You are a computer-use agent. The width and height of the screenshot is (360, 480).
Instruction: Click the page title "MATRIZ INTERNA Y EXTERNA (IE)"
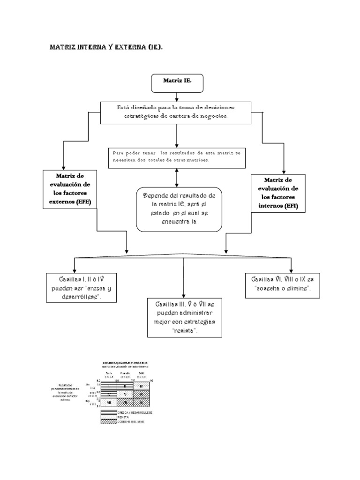tap(106, 48)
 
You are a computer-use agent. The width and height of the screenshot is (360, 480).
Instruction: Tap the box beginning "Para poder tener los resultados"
tap(176, 157)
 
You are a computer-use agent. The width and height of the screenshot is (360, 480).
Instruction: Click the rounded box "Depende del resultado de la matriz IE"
tap(179, 209)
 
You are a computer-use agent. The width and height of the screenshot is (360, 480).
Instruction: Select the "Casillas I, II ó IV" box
tap(81, 288)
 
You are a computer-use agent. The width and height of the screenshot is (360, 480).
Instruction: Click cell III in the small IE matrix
tap(141, 386)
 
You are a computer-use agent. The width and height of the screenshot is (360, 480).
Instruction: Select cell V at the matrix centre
tap(125, 394)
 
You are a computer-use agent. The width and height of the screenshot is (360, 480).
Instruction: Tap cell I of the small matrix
tap(108, 386)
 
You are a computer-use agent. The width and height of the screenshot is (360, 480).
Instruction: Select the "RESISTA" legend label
tap(125, 417)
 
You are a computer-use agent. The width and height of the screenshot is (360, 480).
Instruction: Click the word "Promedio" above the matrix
tap(125, 374)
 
